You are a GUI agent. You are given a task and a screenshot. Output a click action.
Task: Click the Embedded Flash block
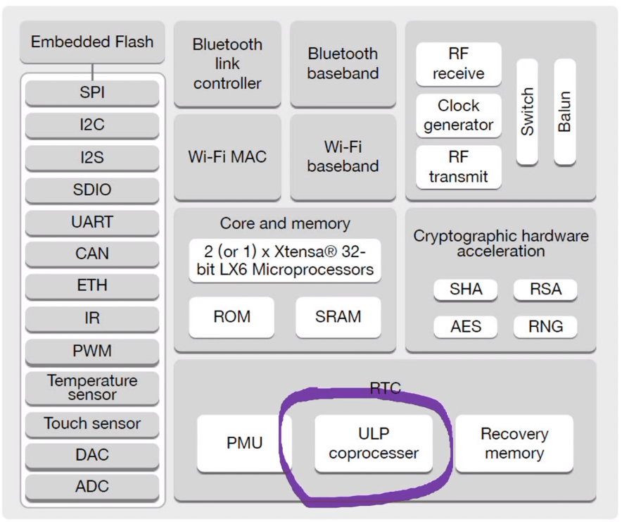[x=92, y=42]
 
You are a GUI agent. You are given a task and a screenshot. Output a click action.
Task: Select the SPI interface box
[x=92, y=92]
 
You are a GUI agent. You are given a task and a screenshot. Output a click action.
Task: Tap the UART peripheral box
[x=92, y=222]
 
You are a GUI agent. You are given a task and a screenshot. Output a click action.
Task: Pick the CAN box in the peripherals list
[x=92, y=254]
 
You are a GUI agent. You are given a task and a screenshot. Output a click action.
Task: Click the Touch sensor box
[x=92, y=423]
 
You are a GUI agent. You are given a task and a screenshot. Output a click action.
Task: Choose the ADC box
[x=92, y=487]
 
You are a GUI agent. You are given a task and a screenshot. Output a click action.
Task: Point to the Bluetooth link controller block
[x=227, y=63]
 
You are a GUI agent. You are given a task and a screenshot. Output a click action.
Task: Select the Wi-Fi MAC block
[x=227, y=156]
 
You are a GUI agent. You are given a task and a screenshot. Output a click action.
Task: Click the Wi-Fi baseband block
[x=343, y=156]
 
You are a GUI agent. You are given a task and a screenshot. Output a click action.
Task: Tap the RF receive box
[x=458, y=64]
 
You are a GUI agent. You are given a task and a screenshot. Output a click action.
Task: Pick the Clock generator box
[x=458, y=116]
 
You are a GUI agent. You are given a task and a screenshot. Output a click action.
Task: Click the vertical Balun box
[x=564, y=112]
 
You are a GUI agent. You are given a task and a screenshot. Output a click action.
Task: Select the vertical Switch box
[x=527, y=112]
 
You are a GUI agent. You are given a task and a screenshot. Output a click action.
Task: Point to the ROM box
[x=231, y=317]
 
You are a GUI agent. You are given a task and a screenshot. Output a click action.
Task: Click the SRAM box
[x=338, y=317]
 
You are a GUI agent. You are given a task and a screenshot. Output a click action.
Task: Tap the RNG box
[x=546, y=326]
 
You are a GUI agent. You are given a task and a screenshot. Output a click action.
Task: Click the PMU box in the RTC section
[x=244, y=443]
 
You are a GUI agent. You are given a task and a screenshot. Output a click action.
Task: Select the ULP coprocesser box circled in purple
[x=373, y=443]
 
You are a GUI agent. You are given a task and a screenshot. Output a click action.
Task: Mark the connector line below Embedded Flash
[x=92, y=71]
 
